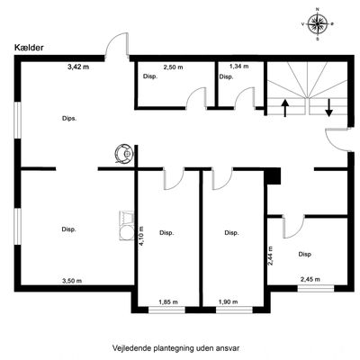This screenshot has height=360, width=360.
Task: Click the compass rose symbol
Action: coord(318,23)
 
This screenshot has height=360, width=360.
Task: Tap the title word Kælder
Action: coord(29,48)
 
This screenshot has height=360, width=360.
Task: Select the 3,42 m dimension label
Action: coord(78,67)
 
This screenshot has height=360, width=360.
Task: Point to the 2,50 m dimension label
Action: coord(173,67)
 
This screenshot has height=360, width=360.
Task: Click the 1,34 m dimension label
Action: coord(238,67)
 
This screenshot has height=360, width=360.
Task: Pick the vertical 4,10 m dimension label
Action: coord(140,236)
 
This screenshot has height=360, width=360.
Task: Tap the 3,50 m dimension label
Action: coord(72,281)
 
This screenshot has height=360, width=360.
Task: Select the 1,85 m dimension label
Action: coord(168,301)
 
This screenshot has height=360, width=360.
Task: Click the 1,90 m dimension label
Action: coord(228,301)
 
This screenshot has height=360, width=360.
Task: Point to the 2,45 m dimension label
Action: coord(310,279)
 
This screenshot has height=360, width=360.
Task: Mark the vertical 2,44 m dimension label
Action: coord(270,256)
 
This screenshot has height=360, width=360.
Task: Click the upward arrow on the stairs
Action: coord(285,108)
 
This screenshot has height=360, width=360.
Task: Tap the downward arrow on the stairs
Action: coord(329,108)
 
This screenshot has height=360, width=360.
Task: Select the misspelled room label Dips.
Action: coord(69,119)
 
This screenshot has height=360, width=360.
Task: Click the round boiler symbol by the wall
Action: coord(123,154)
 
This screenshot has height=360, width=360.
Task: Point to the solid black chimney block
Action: coord(272,176)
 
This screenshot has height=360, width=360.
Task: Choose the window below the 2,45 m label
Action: coord(316,288)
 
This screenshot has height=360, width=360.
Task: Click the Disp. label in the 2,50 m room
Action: coord(150,76)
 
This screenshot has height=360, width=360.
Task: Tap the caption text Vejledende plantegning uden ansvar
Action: coord(176,348)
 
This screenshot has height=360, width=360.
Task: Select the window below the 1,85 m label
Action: coord(167,310)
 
